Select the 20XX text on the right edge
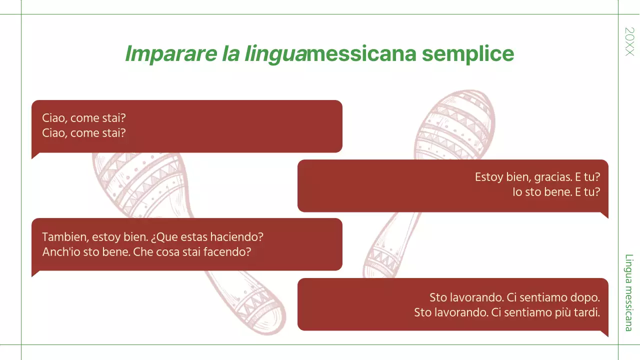[x=629, y=41]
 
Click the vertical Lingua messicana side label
[x=628, y=292]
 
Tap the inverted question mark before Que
[x=153, y=236]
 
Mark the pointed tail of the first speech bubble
[x=34, y=155]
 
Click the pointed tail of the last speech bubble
[x=605, y=333]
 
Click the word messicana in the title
[x=361, y=54]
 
